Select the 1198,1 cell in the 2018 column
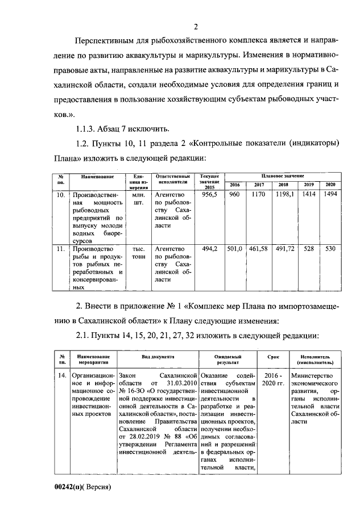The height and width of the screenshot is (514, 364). coord(283,195)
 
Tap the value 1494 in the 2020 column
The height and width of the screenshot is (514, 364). coord(330,195)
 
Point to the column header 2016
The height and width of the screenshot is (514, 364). coord(235,185)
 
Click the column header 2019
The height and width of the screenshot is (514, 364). coord(309,185)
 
